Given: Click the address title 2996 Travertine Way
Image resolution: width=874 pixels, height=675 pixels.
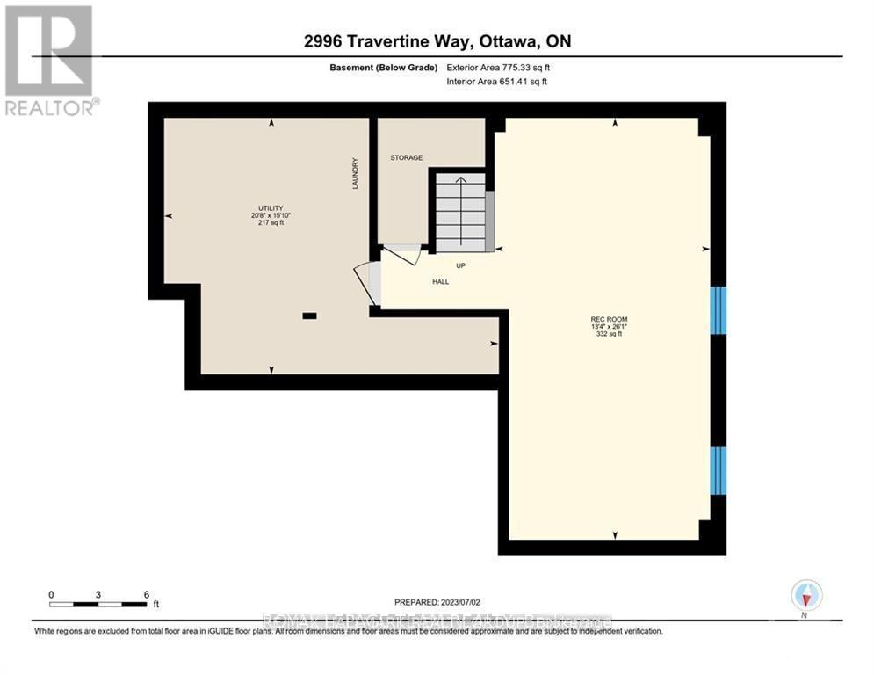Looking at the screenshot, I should pyautogui.click(x=437, y=41).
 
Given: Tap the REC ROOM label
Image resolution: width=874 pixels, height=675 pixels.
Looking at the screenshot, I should pyautogui.click(x=609, y=319).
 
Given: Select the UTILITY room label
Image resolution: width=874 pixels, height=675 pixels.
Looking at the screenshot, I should pyautogui.click(x=270, y=208).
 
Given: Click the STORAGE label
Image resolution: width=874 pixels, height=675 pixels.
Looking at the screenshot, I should pyautogui.click(x=406, y=158).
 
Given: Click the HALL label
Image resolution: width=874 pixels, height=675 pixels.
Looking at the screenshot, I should pyautogui.click(x=440, y=282).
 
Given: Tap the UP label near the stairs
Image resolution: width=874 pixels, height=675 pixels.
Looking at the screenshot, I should pyautogui.click(x=459, y=265).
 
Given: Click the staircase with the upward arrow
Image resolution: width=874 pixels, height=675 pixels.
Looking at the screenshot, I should pyautogui.click(x=459, y=211).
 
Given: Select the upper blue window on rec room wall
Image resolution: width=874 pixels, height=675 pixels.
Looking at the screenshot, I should pyautogui.click(x=719, y=309).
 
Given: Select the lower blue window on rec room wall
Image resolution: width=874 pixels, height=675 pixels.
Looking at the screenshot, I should pyautogui.click(x=719, y=470).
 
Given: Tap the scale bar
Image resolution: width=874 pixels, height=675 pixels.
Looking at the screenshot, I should pyautogui.click(x=98, y=604).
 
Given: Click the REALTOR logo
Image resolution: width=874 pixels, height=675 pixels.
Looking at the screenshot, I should pyautogui.click(x=50, y=61).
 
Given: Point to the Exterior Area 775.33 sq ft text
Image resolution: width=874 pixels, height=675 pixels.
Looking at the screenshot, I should pyautogui.click(x=498, y=67).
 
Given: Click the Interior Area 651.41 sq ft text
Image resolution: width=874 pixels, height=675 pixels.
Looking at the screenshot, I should pyautogui.click(x=496, y=82).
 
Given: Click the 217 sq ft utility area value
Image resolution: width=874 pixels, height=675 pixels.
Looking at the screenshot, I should pyautogui.click(x=270, y=223).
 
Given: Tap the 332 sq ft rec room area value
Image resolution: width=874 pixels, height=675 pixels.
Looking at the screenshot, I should pyautogui.click(x=609, y=334).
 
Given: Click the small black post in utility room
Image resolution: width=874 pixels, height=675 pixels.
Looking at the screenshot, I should pyautogui.click(x=309, y=315).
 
